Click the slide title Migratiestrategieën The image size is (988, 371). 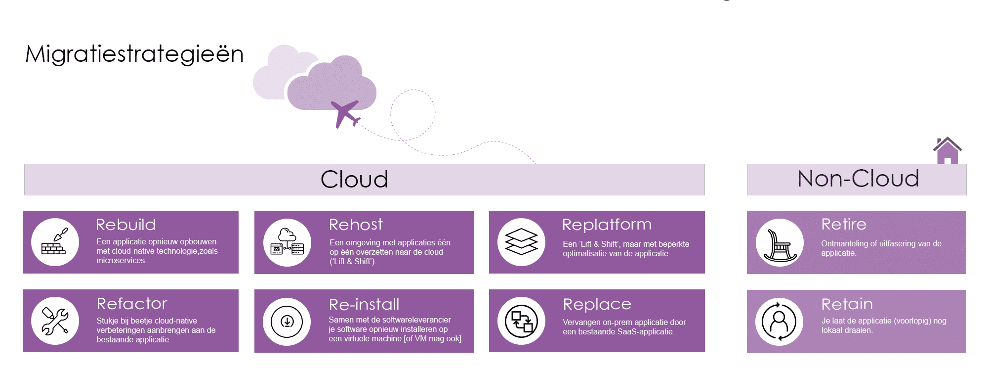134,54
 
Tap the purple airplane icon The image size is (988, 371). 346,113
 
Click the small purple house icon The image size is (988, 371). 947,150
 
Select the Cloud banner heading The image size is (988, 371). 354,179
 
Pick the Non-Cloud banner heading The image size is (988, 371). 858,179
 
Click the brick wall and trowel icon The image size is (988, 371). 55,242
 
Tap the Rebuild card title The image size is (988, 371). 126,225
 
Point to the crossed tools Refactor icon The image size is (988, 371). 55,321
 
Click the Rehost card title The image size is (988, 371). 356,225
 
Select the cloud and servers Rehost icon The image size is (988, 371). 287,242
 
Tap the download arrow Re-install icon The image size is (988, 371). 287,322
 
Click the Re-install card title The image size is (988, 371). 364,304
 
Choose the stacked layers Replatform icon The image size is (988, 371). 521,242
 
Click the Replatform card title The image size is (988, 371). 607,225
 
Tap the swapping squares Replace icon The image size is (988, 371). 521,321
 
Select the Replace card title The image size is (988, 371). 597,304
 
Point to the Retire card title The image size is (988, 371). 844,225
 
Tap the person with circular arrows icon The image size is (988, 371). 779,322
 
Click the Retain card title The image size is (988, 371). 847,304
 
